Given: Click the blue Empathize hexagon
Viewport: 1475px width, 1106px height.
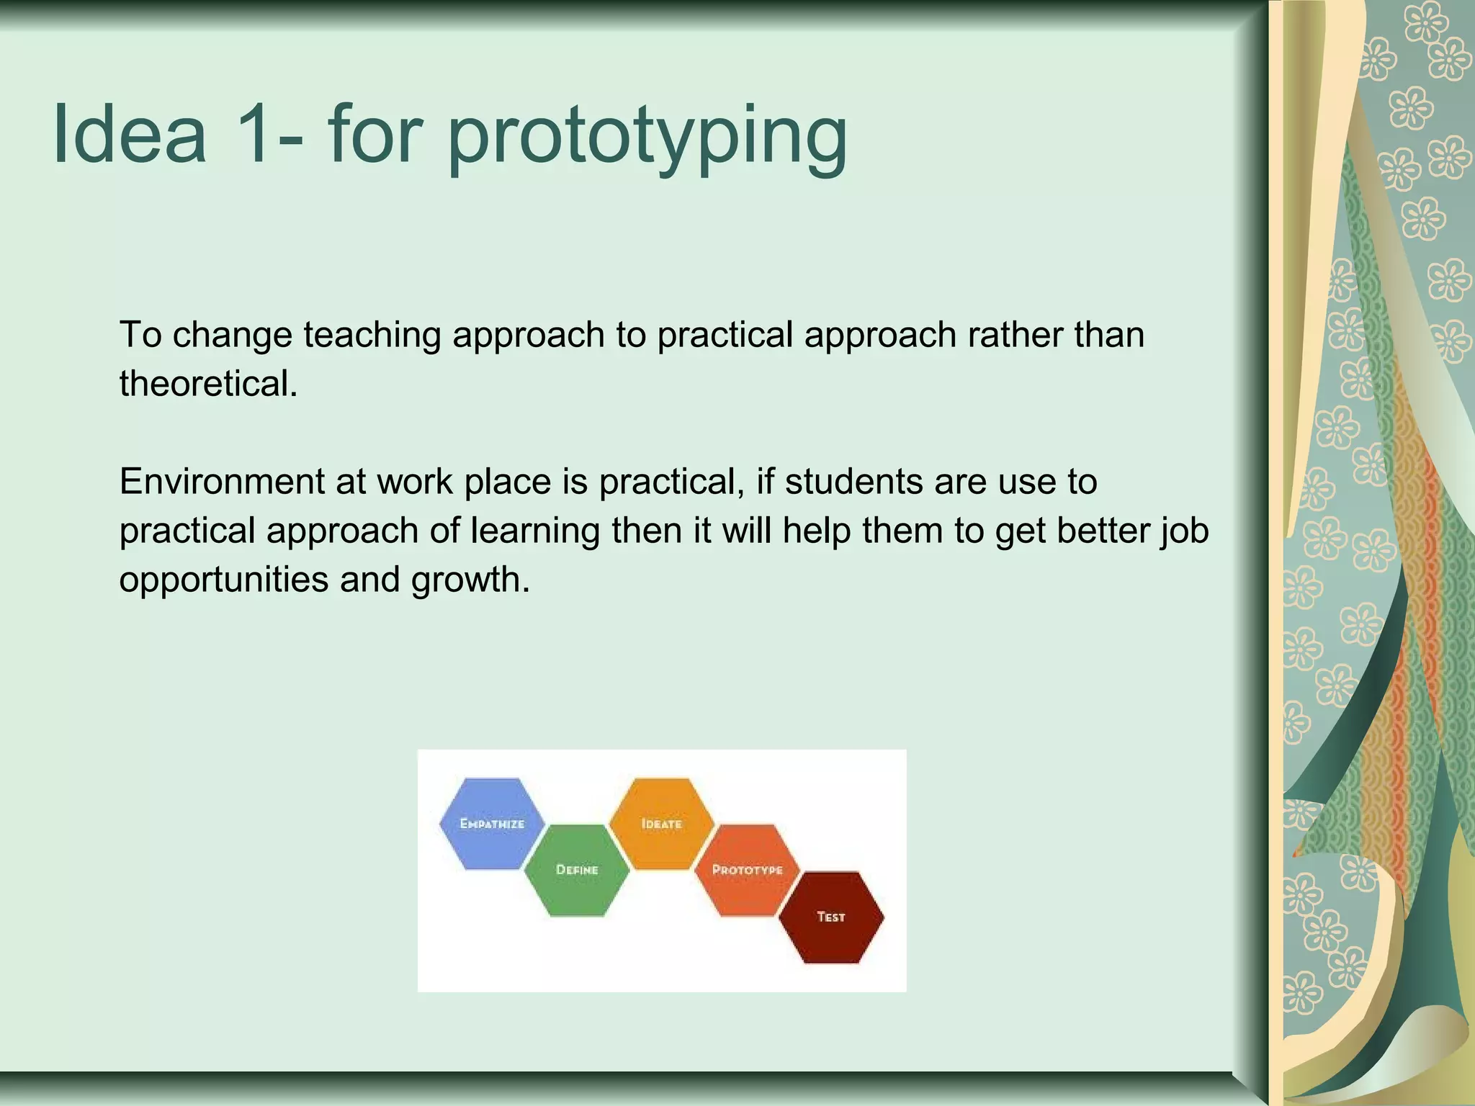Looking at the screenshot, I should coord(492,823).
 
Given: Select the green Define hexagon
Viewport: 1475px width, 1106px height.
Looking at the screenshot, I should coord(577,870).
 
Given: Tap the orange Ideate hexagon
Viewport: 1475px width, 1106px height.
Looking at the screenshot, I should coord(661,823).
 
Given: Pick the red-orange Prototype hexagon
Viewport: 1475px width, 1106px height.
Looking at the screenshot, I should coord(747,870).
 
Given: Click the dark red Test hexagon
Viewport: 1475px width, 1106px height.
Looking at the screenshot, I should coord(831,917).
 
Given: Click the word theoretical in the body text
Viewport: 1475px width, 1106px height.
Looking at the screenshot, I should coord(208,383).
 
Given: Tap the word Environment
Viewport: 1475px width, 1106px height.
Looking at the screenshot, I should coord(222,481).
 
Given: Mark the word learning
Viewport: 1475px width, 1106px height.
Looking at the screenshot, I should coord(535,531).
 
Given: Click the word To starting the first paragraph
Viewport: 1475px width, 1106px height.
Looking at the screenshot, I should coord(140,336).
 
